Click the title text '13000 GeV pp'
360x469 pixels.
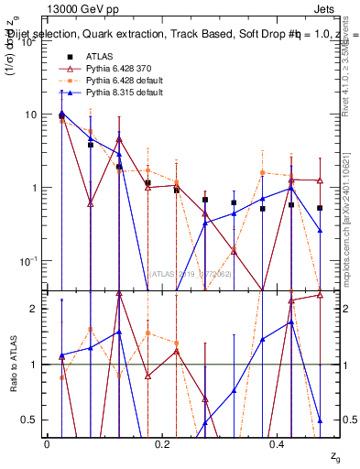click(76, 7)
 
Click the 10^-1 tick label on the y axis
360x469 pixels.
click(30, 261)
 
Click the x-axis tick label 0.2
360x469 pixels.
click(162, 443)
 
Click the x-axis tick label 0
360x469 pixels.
click(47, 443)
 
